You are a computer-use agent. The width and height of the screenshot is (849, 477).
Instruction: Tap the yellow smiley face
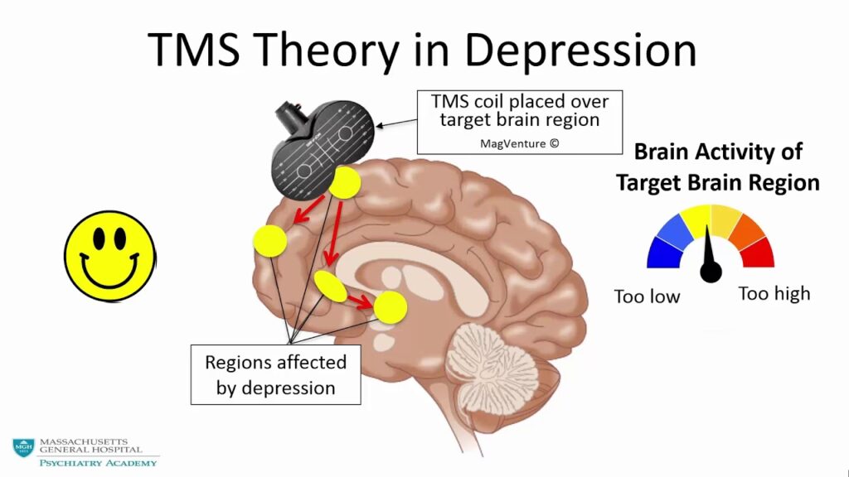(x=109, y=253)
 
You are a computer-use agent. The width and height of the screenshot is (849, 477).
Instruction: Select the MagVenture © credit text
(x=520, y=143)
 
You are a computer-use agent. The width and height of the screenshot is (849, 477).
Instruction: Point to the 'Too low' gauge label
(x=647, y=296)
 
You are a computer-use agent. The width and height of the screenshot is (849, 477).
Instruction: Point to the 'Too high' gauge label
(x=774, y=294)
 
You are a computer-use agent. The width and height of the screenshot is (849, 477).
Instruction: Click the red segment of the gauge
(x=759, y=253)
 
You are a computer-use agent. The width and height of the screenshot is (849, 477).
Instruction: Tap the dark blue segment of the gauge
(x=662, y=253)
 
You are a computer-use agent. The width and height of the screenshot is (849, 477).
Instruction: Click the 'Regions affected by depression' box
(x=276, y=374)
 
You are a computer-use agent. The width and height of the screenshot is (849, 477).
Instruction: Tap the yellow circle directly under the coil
(x=343, y=183)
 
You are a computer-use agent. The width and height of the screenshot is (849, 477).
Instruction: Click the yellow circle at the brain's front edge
(x=270, y=240)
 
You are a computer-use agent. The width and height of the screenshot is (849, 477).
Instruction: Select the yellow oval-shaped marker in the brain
(x=330, y=286)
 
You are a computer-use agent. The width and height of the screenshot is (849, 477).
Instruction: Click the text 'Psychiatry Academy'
(x=98, y=462)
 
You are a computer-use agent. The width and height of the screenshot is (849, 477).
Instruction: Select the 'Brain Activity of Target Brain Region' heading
(x=718, y=167)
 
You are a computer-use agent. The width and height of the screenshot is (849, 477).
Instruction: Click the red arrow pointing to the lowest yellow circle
(x=359, y=300)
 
